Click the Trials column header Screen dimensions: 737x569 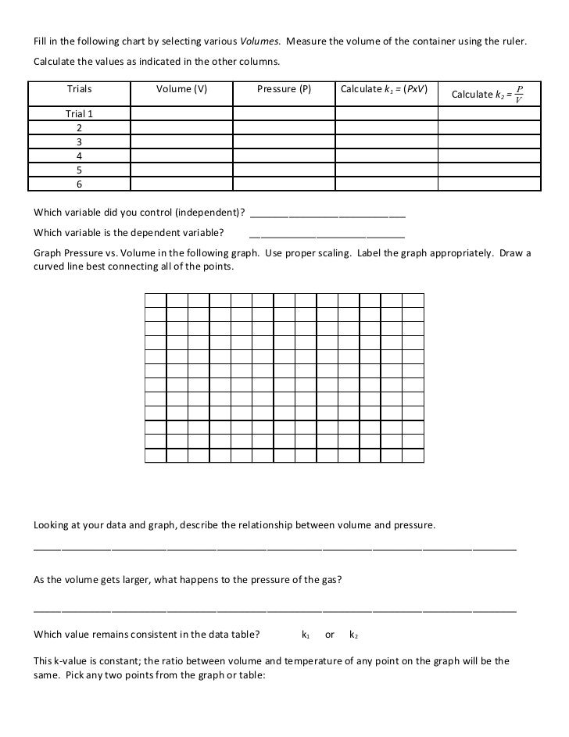click(79, 89)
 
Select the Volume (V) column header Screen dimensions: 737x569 click(181, 89)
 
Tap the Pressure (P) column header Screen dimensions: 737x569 click(284, 89)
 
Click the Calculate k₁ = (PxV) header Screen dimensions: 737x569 click(384, 89)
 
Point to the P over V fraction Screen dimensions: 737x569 click(520, 94)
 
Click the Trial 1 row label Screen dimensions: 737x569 click(79, 113)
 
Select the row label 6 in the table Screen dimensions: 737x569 click(79, 184)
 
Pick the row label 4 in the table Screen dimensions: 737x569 click(79, 156)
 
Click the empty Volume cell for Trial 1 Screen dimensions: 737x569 click(181, 113)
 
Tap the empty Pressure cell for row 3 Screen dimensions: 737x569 click(284, 141)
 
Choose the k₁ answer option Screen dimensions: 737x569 click(306, 635)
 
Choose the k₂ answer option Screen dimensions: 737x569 click(353, 635)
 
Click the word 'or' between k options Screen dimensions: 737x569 click(330, 635)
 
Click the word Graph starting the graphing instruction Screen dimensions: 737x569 click(47, 253)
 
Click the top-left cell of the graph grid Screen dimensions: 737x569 click(156, 300)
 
